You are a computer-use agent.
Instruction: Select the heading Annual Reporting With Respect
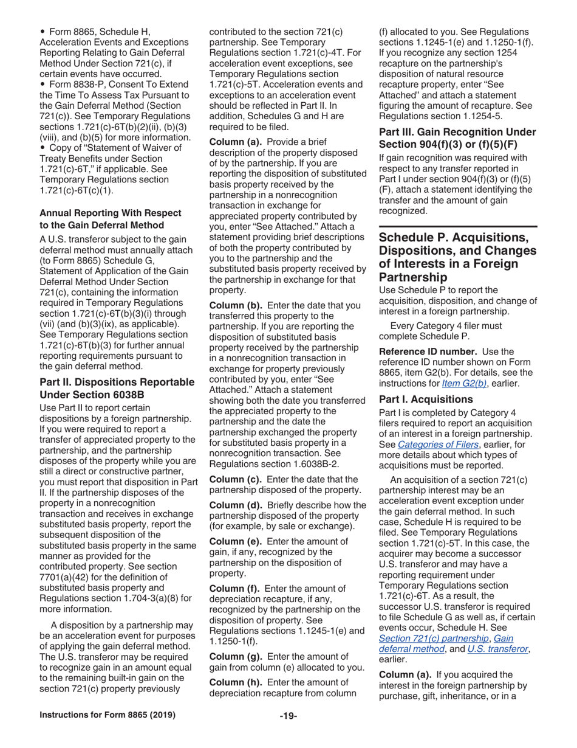[x=110, y=212]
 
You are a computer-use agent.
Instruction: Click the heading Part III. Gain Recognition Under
[x=457, y=132]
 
